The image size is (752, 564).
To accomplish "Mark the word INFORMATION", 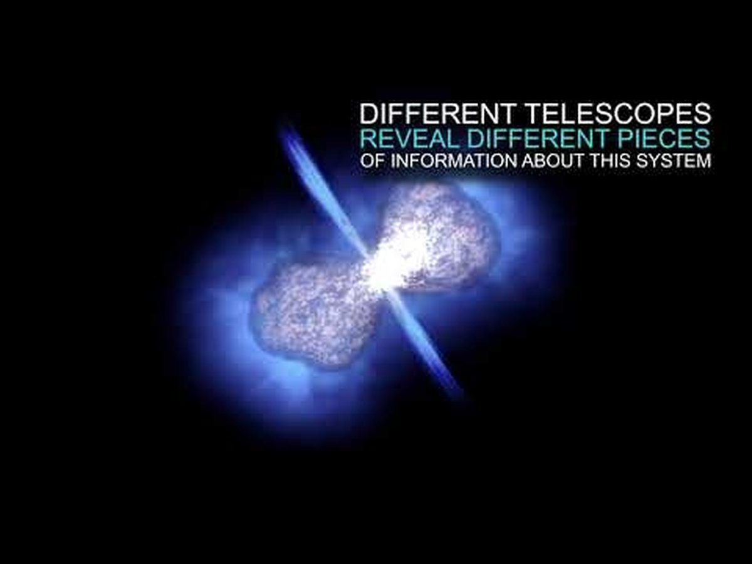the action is [454, 160].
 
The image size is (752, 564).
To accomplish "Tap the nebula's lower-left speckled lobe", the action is [315, 315].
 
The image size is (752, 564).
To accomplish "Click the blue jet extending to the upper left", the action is [322, 189].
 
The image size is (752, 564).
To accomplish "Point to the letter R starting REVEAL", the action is [368, 138].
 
